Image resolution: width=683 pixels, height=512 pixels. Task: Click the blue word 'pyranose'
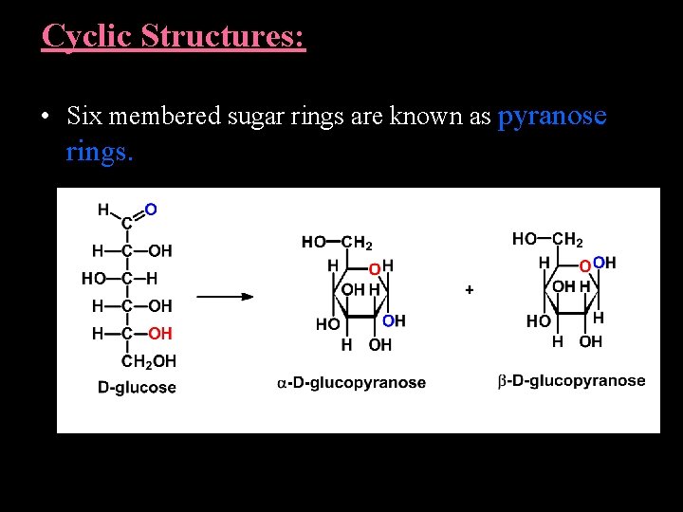[x=552, y=117]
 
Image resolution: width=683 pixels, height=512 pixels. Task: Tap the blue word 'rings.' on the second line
[x=100, y=152]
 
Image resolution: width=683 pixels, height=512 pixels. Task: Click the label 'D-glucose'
[x=137, y=388]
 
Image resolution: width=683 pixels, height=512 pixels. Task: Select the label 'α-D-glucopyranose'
[x=351, y=383]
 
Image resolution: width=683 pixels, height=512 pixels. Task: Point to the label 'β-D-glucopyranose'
[x=571, y=381]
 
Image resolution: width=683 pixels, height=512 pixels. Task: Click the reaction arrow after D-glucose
[x=225, y=296]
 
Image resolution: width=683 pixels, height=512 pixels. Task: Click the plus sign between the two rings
[x=470, y=289]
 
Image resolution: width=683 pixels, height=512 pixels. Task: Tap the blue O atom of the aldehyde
[x=152, y=208]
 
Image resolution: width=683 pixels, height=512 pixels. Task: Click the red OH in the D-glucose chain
[x=160, y=333]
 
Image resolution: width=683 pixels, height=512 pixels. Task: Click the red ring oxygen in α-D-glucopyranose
[x=375, y=270]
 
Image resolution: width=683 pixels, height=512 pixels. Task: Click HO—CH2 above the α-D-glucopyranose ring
[x=337, y=243]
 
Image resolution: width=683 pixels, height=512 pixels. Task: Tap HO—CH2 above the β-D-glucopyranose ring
[x=547, y=240]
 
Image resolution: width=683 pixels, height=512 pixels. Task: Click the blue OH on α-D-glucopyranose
[x=394, y=321]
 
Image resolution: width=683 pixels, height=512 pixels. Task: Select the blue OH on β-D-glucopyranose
[x=604, y=263]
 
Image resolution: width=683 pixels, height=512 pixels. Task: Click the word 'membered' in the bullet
[x=160, y=117]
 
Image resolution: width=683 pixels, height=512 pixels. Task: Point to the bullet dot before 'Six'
[x=45, y=118]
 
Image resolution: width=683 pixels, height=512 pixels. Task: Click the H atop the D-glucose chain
[x=102, y=210]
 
